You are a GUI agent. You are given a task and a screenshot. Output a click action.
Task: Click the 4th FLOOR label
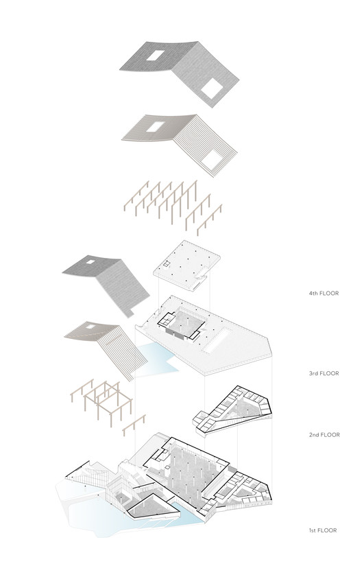(x=324, y=293)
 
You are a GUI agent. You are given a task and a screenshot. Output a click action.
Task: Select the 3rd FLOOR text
(x=324, y=373)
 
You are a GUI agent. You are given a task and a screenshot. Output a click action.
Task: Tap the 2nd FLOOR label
(x=324, y=435)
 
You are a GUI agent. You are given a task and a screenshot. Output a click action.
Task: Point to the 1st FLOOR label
(x=322, y=530)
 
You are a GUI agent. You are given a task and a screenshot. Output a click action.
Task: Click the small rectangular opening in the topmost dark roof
(x=156, y=56)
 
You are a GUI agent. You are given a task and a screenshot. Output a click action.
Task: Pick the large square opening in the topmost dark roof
(x=212, y=88)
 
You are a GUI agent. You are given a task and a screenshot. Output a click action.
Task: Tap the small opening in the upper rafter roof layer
(x=156, y=127)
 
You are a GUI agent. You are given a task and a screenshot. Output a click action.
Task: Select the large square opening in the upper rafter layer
(x=211, y=160)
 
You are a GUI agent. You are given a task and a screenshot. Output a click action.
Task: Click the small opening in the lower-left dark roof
(x=90, y=261)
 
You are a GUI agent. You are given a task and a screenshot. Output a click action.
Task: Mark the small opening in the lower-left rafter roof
(x=90, y=327)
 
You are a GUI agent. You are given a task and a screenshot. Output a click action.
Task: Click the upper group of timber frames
(x=173, y=206)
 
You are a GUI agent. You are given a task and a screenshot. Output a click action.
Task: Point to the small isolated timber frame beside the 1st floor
(x=134, y=425)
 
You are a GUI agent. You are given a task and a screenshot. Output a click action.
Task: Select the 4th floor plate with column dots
(x=186, y=265)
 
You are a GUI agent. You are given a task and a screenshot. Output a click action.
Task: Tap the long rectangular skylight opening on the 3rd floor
(x=217, y=340)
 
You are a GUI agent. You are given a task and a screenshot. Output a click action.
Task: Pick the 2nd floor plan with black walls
(x=232, y=410)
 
